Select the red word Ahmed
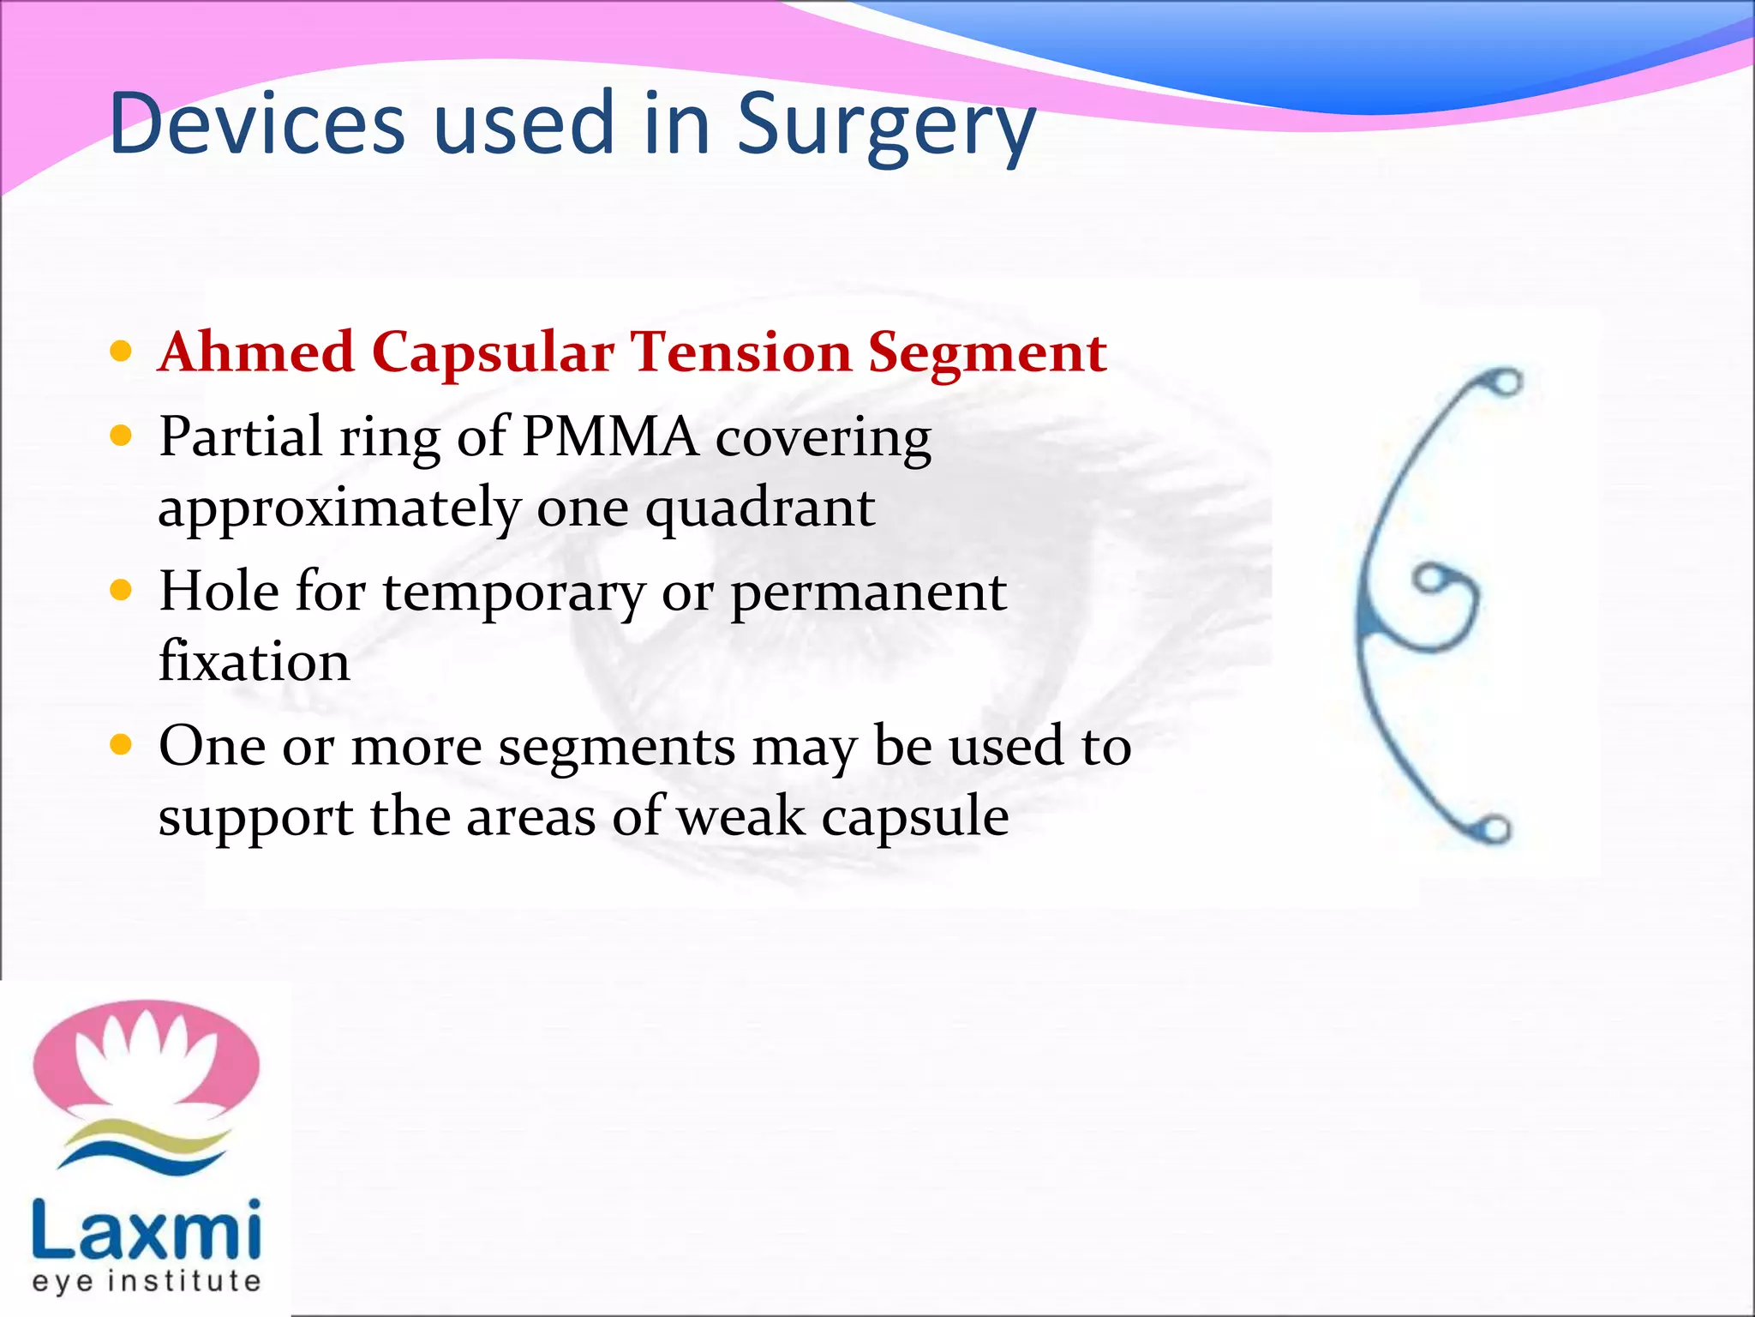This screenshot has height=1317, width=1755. (256, 352)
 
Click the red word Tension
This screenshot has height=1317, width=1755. (740, 352)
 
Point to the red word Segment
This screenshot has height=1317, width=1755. (986, 352)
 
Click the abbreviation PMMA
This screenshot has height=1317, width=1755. (609, 436)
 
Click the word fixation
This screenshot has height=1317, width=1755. (255, 661)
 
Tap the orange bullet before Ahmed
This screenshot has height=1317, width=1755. (122, 351)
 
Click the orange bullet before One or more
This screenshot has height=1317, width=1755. (122, 744)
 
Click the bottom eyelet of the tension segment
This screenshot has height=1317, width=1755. (1494, 829)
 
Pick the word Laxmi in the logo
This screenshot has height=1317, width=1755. (146, 1230)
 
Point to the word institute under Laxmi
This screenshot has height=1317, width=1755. (176, 1281)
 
